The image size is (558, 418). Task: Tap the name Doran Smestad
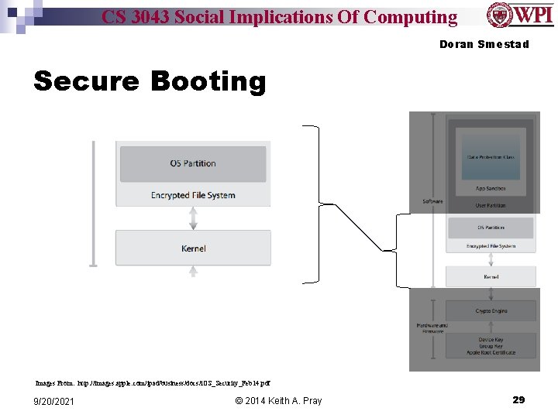[x=484, y=44]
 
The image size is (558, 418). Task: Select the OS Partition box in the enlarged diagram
[x=193, y=163]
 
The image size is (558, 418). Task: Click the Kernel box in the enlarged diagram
[x=193, y=248]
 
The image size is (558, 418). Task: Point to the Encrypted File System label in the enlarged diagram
[x=193, y=195]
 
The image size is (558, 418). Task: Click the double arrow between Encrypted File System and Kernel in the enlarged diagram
[x=193, y=218]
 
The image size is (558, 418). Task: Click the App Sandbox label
[x=491, y=189]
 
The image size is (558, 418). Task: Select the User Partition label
[x=491, y=205]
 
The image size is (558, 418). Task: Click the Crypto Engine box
[x=491, y=311]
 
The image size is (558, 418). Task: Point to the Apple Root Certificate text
[x=491, y=352]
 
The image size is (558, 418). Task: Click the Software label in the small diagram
[x=432, y=201]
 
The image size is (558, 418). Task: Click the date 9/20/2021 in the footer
[x=54, y=400]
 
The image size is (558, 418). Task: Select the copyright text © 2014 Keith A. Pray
[x=277, y=400]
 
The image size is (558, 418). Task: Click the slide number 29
[x=518, y=399]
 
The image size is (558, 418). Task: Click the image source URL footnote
[x=153, y=382]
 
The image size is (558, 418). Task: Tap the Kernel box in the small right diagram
[x=491, y=276]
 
